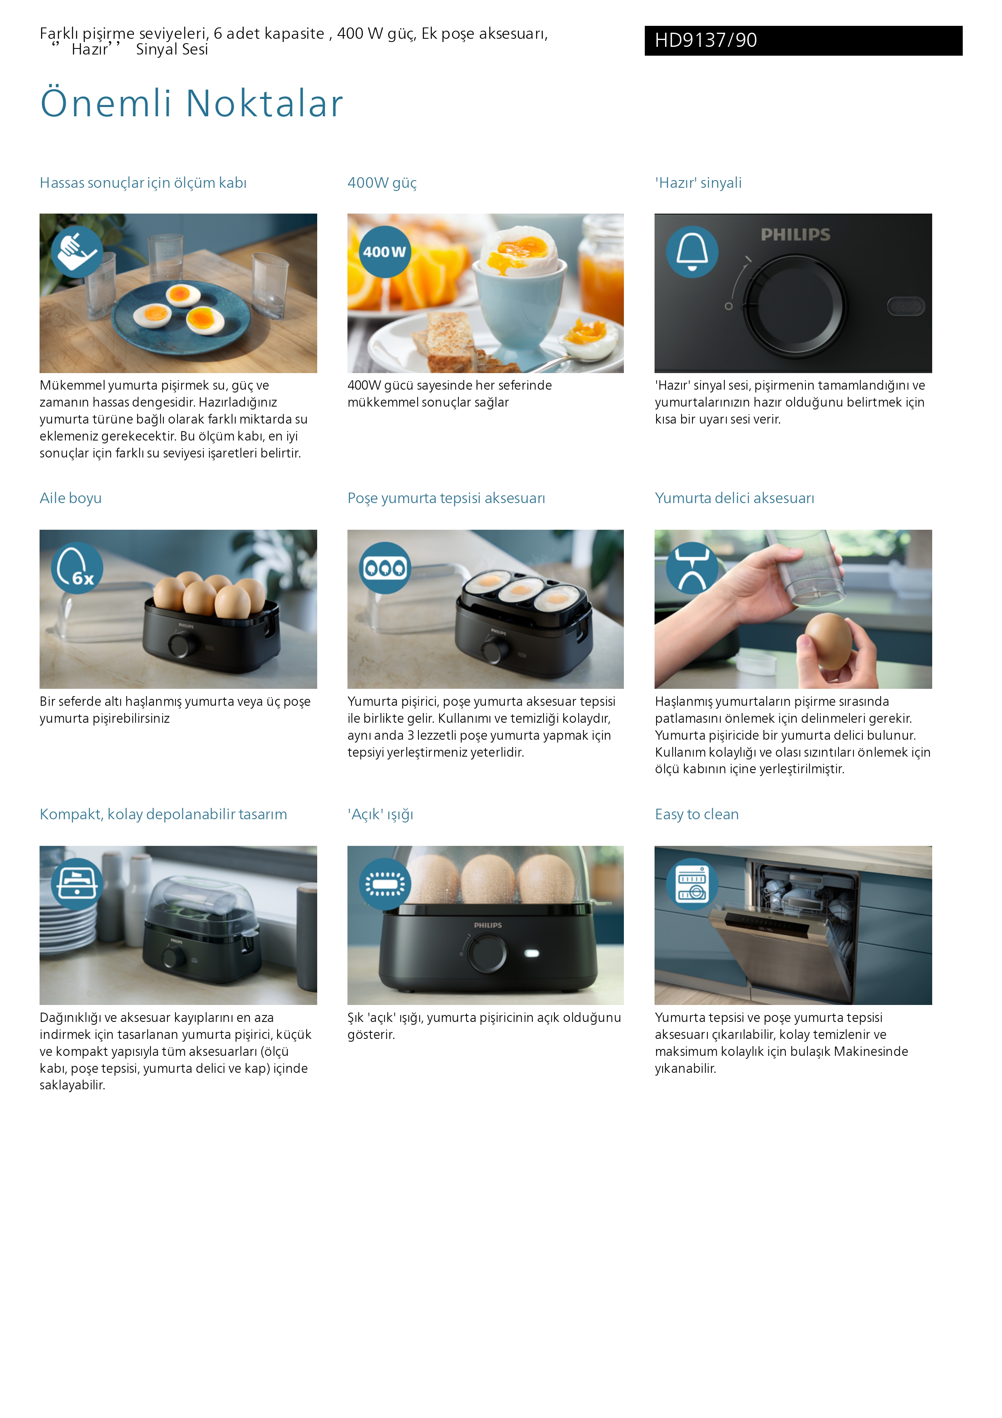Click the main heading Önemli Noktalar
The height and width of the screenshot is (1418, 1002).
click(x=191, y=103)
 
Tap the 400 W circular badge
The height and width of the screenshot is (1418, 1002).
click(x=385, y=252)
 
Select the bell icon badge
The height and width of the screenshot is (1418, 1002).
click(x=692, y=252)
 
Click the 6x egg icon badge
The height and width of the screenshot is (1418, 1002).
click(x=77, y=568)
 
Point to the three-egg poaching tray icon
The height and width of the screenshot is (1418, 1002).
click(x=385, y=568)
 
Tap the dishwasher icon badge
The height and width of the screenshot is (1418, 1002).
click(x=692, y=884)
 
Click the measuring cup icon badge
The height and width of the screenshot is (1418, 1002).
click(x=77, y=252)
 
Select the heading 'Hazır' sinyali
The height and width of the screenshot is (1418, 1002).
click(x=698, y=183)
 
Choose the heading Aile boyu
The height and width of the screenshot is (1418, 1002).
click(x=70, y=498)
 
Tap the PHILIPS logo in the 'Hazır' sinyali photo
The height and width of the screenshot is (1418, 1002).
click(x=795, y=235)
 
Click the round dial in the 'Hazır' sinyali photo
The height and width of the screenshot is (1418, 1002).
click(x=794, y=306)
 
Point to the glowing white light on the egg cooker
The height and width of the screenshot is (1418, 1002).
click(x=531, y=954)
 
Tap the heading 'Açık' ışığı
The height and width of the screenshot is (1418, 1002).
click(x=380, y=815)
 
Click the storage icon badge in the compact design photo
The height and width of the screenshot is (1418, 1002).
click(x=77, y=884)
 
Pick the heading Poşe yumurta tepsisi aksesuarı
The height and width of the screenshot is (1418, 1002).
click(x=446, y=498)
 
